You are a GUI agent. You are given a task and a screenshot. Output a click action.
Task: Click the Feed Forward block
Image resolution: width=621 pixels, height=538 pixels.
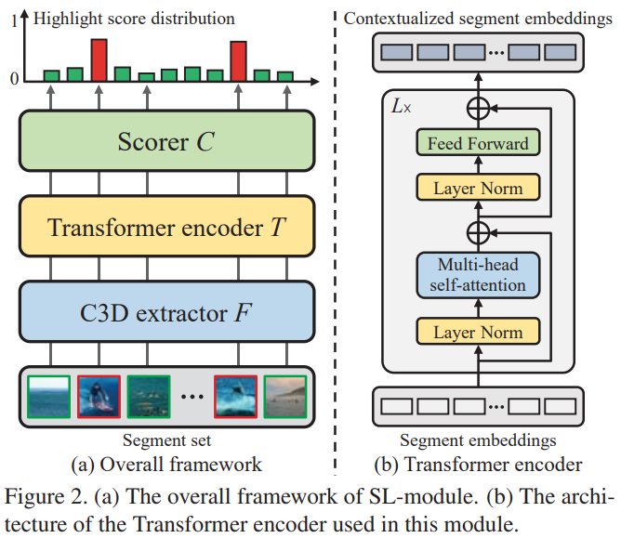pos(478,144)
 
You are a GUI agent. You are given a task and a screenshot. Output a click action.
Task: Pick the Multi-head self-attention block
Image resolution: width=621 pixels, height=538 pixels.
pos(478,275)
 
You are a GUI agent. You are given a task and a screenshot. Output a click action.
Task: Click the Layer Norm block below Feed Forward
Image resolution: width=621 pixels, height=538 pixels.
pos(478,189)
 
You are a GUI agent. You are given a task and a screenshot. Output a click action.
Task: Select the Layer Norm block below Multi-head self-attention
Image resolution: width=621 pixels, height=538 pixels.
pos(478,332)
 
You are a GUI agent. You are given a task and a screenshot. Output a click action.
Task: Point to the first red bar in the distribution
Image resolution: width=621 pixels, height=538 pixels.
pos(99,59)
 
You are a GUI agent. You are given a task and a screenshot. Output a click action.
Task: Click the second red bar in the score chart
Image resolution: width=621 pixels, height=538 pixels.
pos(239,60)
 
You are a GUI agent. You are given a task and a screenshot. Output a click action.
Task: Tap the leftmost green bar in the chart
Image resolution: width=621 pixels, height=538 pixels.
pos(52,74)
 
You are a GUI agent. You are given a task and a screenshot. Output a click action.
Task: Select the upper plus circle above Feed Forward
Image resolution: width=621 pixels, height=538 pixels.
pos(478,108)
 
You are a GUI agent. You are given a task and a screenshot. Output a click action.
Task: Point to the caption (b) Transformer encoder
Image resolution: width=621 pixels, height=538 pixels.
pos(478,464)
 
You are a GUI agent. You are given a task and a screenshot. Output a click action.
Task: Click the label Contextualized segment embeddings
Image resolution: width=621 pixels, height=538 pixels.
pos(478,19)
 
